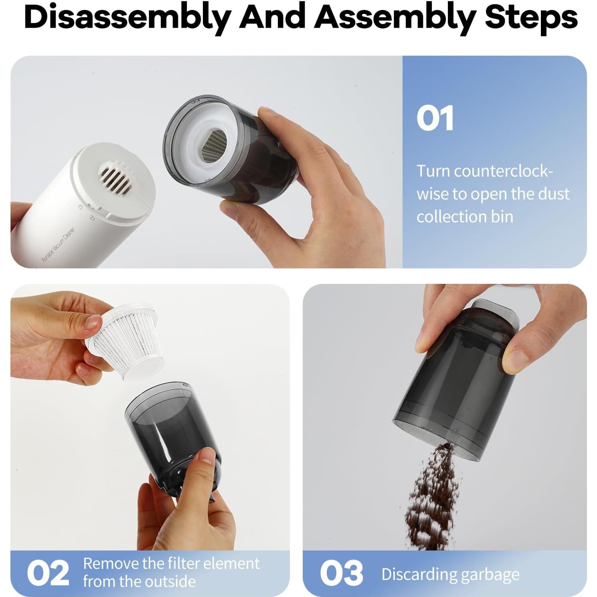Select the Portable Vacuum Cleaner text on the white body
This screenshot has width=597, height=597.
click(x=59, y=245)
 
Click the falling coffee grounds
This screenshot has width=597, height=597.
click(x=431, y=497)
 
